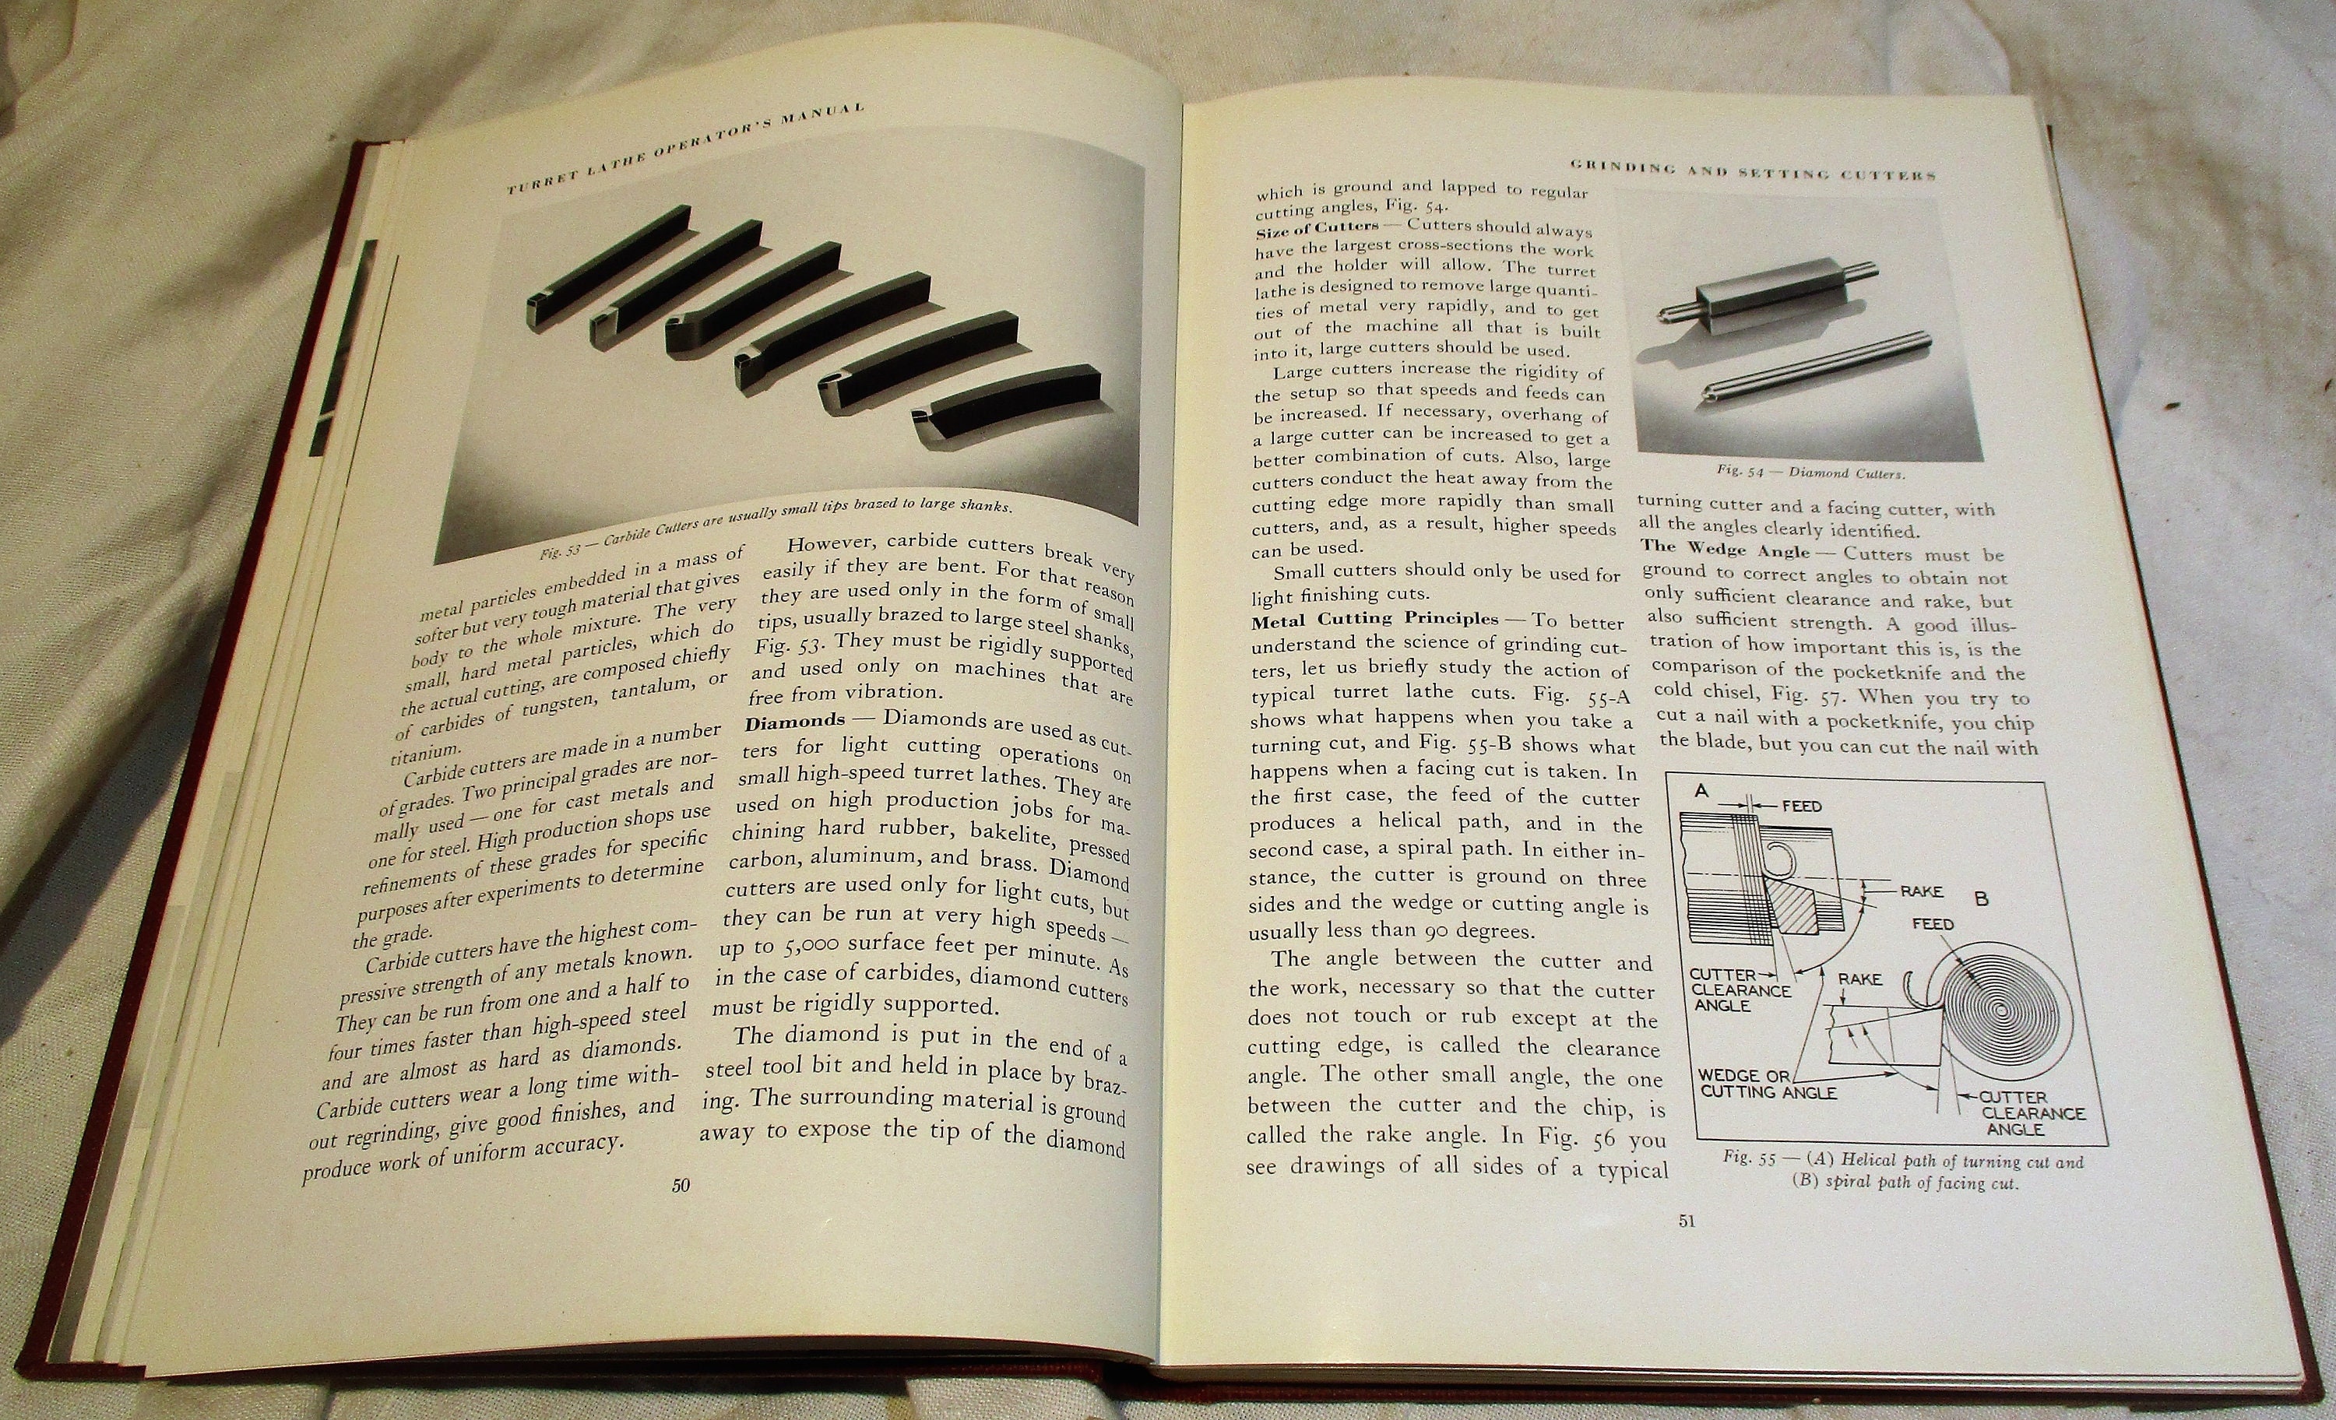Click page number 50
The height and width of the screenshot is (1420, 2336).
680,1185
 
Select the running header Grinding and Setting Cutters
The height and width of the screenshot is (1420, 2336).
1752,170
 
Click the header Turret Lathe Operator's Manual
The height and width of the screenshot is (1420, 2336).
684,144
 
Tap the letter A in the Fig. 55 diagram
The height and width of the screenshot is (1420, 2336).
1701,789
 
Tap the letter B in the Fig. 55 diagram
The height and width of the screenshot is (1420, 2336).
1982,898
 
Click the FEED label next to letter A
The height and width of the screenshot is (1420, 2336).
1800,807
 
